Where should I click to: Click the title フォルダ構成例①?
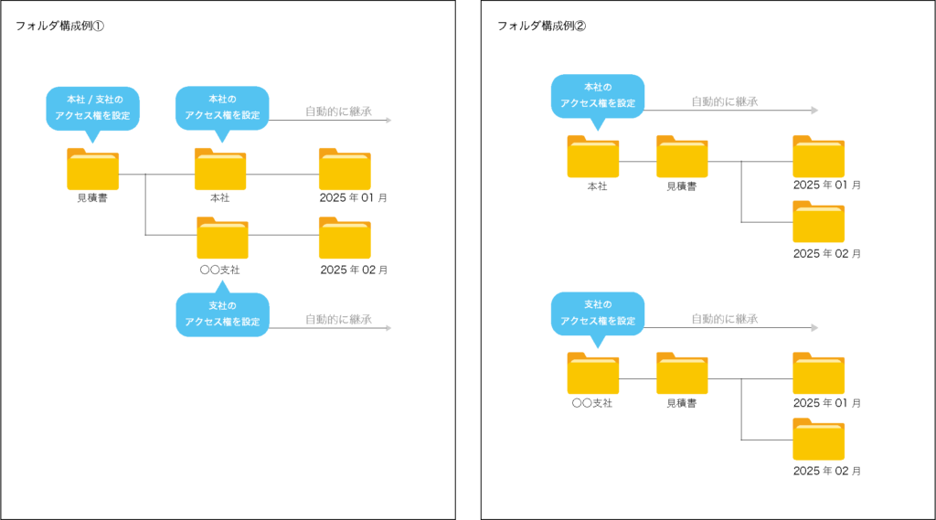(x=59, y=26)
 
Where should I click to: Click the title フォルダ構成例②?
(x=541, y=26)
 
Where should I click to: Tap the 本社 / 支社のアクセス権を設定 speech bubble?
(x=92, y=108)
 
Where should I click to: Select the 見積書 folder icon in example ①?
(x=92, y=169)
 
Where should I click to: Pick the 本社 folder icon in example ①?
(x=220, y=169)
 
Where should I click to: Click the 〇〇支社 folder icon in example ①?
(x=223, y=238)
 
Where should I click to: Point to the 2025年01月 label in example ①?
(x=354, y=197)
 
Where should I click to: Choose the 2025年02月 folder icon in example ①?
(x=345, y=238)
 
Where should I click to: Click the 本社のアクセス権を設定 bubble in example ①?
(x=222, y=108)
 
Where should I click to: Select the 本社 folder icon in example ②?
(x=592, y=156)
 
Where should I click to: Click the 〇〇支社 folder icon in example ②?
(x=592, y=373)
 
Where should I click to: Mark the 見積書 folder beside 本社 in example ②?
(x=682, y=156)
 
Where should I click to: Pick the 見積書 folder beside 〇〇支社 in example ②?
(x=682, y=373)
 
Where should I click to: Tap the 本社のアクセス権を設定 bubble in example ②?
(x=598, y=96)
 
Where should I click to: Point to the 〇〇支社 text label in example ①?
(x=219, y=270)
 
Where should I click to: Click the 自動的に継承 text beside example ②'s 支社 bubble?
(x=725, y=319)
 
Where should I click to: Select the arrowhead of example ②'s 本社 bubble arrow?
(x=814, y=111)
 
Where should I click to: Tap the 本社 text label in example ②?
(x=597, y=186)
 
